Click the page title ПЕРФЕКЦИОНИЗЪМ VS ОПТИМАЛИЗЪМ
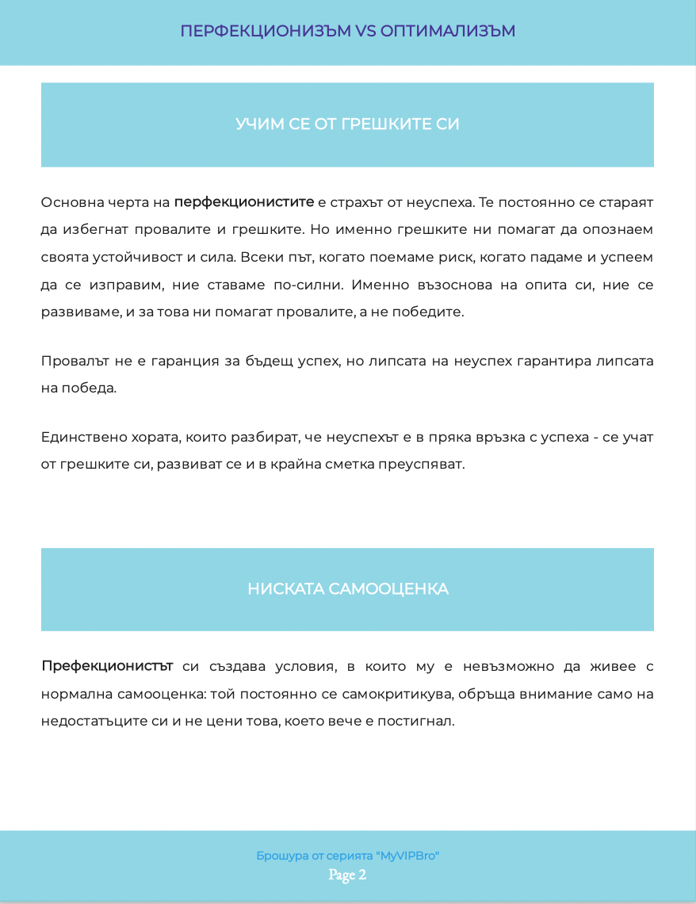(347, 31)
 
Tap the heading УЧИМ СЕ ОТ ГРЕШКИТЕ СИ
(347, 124)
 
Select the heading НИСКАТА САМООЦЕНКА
(347, 589)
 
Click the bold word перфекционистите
(244, 202)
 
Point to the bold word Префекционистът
(107, 666)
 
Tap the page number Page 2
(347, 875)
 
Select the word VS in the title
(365, 31)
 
